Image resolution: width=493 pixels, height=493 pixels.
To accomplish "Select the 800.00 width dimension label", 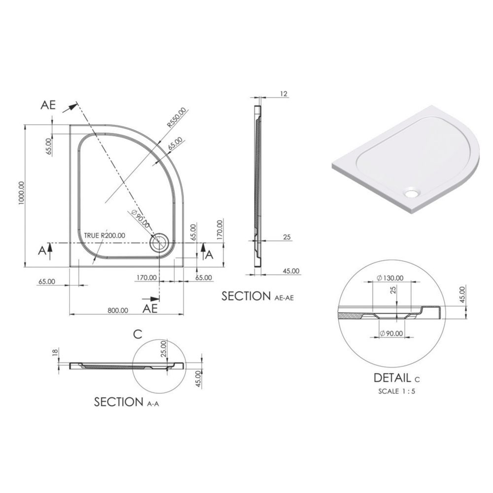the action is (x=118, y=311).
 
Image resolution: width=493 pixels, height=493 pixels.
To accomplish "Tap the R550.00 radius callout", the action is (x=176, y=118).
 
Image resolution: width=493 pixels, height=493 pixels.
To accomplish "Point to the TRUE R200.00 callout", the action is (x=105, y=235).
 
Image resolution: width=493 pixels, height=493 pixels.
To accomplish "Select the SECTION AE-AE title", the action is (x=257, y=296).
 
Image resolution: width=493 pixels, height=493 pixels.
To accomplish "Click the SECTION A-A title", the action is (x=126, y=402).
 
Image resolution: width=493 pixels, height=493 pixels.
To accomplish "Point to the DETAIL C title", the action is (x=396, y=378).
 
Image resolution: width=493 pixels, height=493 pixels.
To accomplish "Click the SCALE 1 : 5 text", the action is (x=396, y=391).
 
